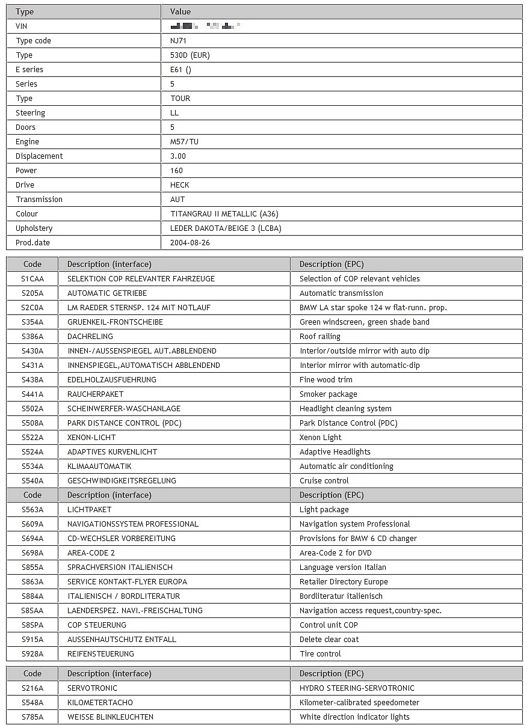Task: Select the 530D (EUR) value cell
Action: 190,55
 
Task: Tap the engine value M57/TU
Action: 184,142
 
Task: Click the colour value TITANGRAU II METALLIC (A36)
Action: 224,214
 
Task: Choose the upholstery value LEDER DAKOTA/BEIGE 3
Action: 226,228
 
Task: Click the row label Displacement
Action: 39,156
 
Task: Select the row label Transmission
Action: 39,200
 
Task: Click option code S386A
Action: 32,337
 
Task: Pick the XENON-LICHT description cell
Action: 91,438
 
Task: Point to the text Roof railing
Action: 320,337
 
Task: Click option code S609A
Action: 32,524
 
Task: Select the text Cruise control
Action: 324,481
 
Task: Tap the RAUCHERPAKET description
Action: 95,394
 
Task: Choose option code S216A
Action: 32,688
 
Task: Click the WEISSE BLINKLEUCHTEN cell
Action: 110,717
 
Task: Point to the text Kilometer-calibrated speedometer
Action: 359,703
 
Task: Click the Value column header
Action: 180,11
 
